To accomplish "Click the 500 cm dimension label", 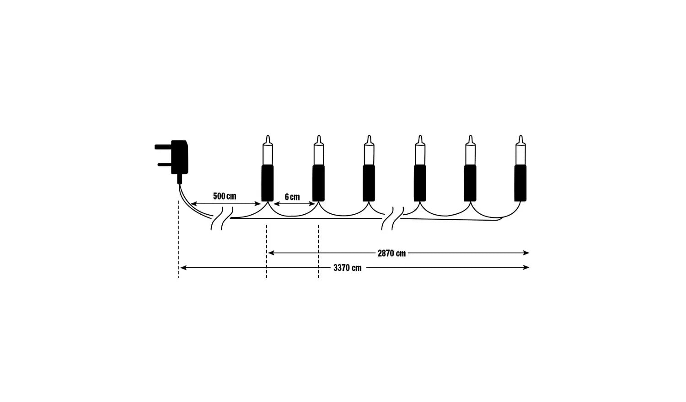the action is point(225,196).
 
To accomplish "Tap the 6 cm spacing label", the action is point(292,197).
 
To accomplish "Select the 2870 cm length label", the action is point(391,254).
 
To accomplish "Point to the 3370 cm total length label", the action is point(347,268).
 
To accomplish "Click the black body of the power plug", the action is point(179,157).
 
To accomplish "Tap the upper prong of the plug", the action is point(163,147).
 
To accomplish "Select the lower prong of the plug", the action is point(165,164).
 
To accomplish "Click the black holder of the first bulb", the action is point(268,183).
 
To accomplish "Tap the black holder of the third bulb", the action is point(369,183).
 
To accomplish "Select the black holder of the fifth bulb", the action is point(470,183).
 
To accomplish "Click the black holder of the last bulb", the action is point(520,183).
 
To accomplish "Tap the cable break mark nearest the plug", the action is point(222,218).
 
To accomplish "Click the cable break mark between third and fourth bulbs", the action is point(392,218).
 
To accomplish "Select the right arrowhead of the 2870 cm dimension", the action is point(526,253).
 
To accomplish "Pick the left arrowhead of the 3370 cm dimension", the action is point(183,268).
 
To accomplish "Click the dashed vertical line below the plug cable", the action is point(179,239).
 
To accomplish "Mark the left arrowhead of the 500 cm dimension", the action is point(194,204).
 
